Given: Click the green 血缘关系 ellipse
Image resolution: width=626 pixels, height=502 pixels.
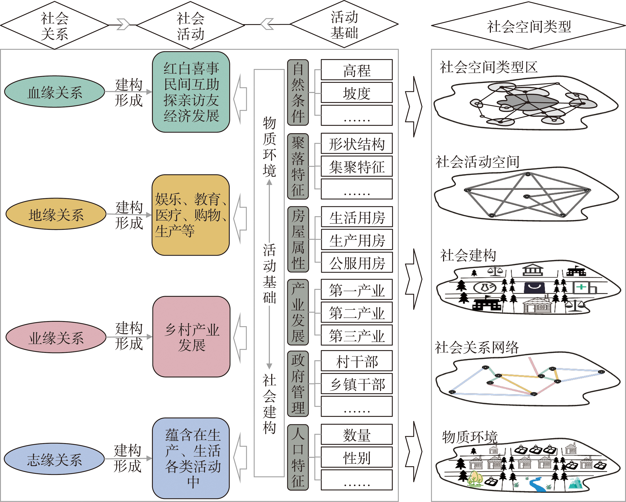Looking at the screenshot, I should tap(55, 92).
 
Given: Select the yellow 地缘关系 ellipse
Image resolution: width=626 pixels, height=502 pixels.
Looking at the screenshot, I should tap(56, 214).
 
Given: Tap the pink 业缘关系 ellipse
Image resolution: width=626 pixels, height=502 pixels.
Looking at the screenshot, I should tap(56, 337).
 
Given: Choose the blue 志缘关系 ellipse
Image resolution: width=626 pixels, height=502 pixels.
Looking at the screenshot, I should tap(54, 459).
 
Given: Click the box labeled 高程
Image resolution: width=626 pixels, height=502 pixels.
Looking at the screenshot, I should tap(357, 70).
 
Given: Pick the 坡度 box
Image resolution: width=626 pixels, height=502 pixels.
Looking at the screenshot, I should tap(357, 93).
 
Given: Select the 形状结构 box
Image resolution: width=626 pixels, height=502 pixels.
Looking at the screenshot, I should tap(357, 144).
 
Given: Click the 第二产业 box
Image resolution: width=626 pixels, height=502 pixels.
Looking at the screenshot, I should tap(357, 313).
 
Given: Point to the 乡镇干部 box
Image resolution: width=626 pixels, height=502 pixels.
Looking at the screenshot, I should tap(357, 384).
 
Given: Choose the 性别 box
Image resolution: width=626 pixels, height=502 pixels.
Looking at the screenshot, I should tap(357, 458).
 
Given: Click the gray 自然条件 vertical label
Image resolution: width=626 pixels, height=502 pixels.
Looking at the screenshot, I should tap(298, 92).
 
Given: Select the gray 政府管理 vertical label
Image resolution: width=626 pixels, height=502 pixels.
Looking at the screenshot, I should tap(298, 383).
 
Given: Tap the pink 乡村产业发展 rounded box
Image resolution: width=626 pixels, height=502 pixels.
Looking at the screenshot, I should tap(191, 337).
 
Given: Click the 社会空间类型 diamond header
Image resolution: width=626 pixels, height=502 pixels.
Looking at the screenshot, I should tap(528, 26).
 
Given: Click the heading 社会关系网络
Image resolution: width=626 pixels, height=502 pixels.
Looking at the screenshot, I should tap(477, 347).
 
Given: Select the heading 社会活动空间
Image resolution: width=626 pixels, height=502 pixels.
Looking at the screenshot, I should tap(477, 162).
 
